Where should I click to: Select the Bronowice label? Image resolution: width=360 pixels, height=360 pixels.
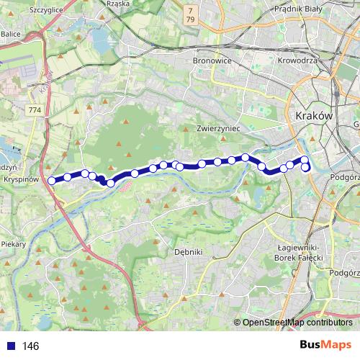tap(212, 61)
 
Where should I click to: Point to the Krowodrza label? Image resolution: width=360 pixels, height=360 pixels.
tap(298, 61)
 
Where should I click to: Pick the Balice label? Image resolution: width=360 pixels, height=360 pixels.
tap(11, 33)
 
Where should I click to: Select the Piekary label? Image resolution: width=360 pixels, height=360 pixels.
tap(13, 244)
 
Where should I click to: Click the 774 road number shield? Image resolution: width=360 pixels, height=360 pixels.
tap(34, 109)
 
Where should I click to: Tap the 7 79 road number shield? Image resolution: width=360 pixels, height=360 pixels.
tap(190, 14)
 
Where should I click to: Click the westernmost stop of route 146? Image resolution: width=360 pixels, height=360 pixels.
tap(51, 180)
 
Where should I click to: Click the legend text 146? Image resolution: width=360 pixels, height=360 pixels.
tap(30, 346)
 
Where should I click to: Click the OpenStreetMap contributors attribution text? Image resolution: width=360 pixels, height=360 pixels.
tap(297, 323)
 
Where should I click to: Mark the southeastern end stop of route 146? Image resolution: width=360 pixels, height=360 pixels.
tap(305, 168)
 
